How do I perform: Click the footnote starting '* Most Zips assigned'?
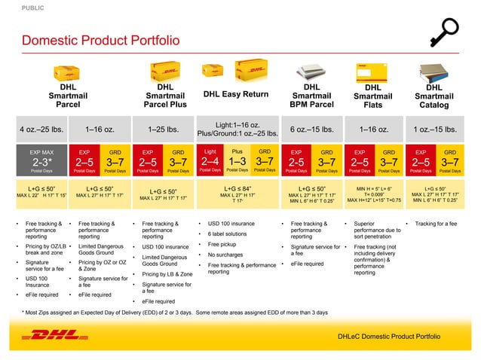click(175, 312)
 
